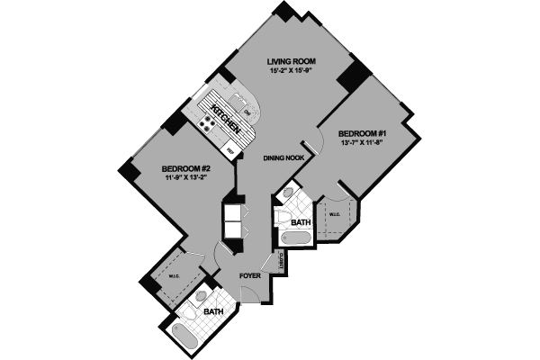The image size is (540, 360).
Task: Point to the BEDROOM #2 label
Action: pos(185,168)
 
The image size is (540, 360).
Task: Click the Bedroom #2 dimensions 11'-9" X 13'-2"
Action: pos(185,178)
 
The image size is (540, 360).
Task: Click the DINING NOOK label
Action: pos(282,158)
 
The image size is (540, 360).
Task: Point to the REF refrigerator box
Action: pos(230,149)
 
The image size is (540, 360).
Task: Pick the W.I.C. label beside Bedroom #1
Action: pos(333,215)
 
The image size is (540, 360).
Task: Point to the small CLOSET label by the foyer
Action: pos(282,262)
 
